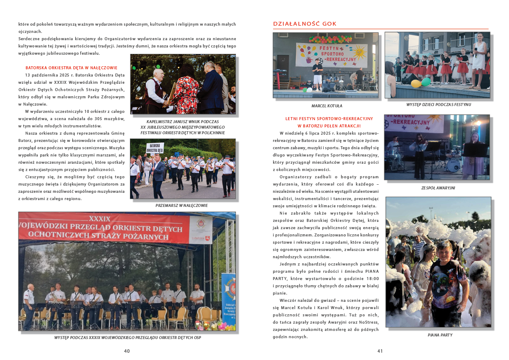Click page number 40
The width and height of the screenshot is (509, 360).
click(x=127, y=351)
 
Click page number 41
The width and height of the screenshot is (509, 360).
click(x=380, y=351)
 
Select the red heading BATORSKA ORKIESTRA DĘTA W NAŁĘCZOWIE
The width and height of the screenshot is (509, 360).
click(x=71, y=68)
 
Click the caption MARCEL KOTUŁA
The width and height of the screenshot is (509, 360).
click(x=327, y=106)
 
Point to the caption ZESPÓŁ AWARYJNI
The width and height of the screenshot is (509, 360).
click(x=438, y=187)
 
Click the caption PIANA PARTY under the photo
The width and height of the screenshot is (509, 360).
click(x=440, y=335)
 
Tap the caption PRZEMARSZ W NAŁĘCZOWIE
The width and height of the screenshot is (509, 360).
click(x=182, y=205)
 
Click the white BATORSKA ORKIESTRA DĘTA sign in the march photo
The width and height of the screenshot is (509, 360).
click(x=155, y=148)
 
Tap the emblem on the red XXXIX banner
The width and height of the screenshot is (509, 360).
click(x=200, y=226)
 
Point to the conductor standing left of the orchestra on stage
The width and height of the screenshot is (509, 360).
click(x=29, y=306)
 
